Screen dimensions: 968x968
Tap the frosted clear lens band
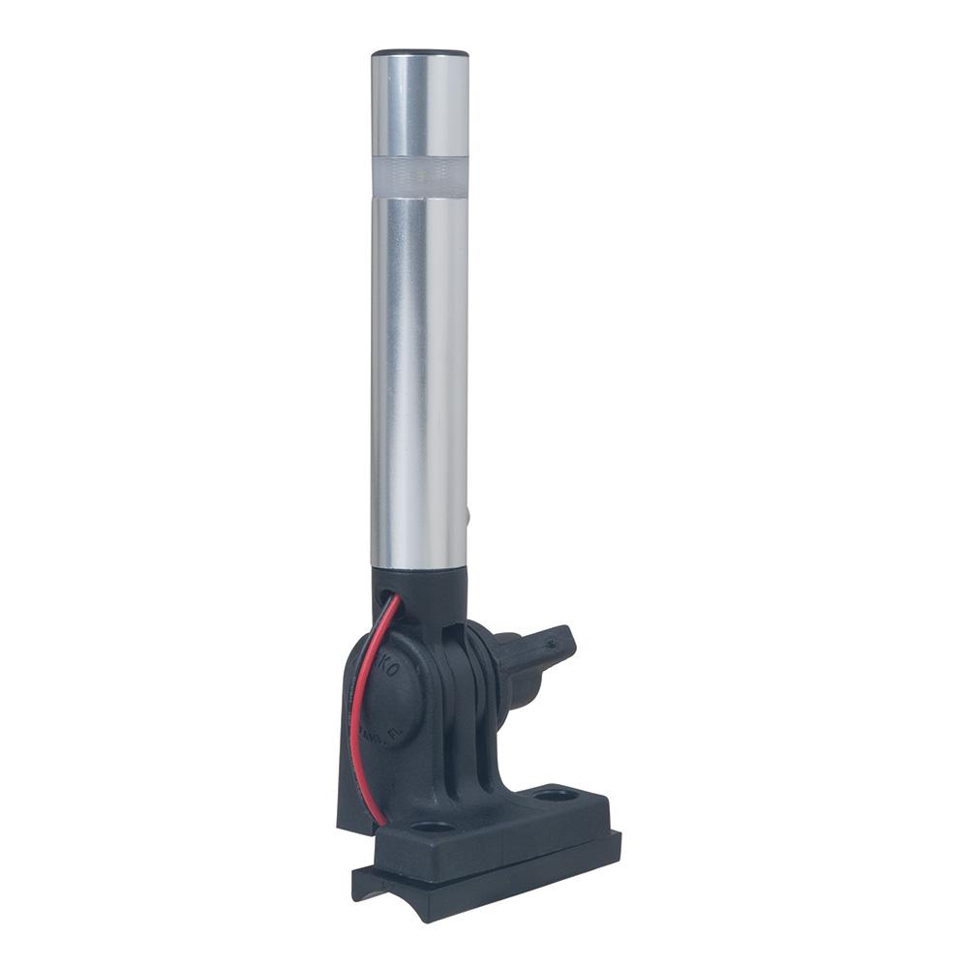click(x=419, y=176)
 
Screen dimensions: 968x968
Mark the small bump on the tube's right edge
click(x=469, y=519)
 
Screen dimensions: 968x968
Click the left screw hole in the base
click(x=432, y=828)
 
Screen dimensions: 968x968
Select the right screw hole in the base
click(x=556, y=796)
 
